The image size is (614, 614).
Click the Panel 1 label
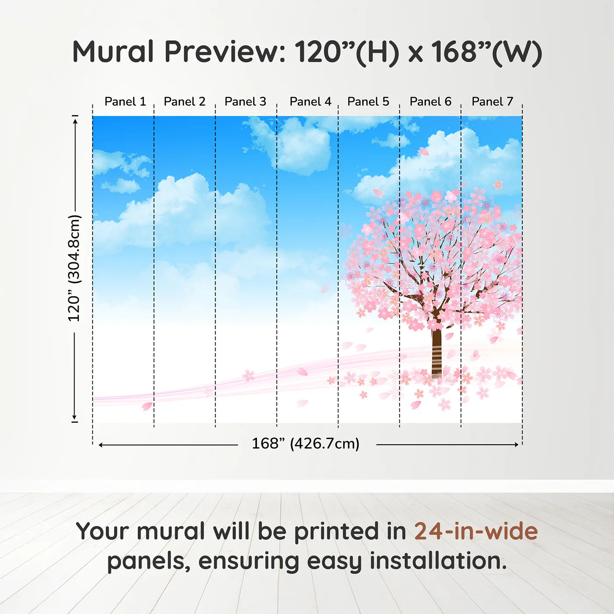click(125, 102)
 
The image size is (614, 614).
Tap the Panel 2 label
click(184, 102)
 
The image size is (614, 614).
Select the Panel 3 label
click(245, 102)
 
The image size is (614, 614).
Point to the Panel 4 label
click(310, 102)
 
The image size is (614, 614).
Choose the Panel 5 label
click(368, 102)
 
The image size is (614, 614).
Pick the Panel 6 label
click(430, 102)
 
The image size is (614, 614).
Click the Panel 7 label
click(492, 102)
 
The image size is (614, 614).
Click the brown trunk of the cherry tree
click(436, 351)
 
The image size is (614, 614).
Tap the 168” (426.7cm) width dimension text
click(305, 444)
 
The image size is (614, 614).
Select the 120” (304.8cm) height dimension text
click(74, 268)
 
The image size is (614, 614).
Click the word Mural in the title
click(113, 52)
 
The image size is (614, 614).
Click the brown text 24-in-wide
click(476, 532)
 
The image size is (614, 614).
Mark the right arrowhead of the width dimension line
click(517, 445)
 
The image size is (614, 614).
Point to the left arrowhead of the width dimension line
click(101, 445)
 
